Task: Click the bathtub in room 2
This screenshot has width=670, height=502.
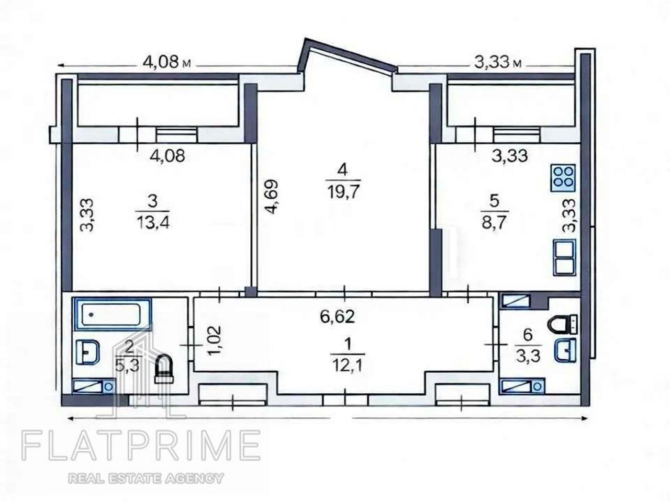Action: [x=113, y=314]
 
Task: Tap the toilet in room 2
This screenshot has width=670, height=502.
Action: [x=164, y=369]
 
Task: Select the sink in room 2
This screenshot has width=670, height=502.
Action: [x=87, y=352]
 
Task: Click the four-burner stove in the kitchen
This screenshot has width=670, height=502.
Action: [x=563, y=178]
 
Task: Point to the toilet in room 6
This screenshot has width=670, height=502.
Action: [x=563, y=324]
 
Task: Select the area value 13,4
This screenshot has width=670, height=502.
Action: [x=153, y=222]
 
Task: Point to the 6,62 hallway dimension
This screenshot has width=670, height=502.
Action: [x=337, y=316]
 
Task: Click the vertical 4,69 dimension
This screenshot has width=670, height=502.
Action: [x=271, y=197]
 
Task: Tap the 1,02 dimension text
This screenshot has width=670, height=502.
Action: [x=214, y=341]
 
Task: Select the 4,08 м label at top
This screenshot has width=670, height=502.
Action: [x=166, y=62]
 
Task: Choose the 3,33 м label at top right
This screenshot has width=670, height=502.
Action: [x=498, y=63]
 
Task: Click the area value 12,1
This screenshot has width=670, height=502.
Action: [x=348, y=365]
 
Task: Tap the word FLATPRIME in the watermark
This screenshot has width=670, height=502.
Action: [x=141, y=446]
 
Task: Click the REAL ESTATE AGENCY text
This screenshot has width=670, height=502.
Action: [x=146, y=478]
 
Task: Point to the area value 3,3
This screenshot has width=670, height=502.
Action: [x=528, y=356]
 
